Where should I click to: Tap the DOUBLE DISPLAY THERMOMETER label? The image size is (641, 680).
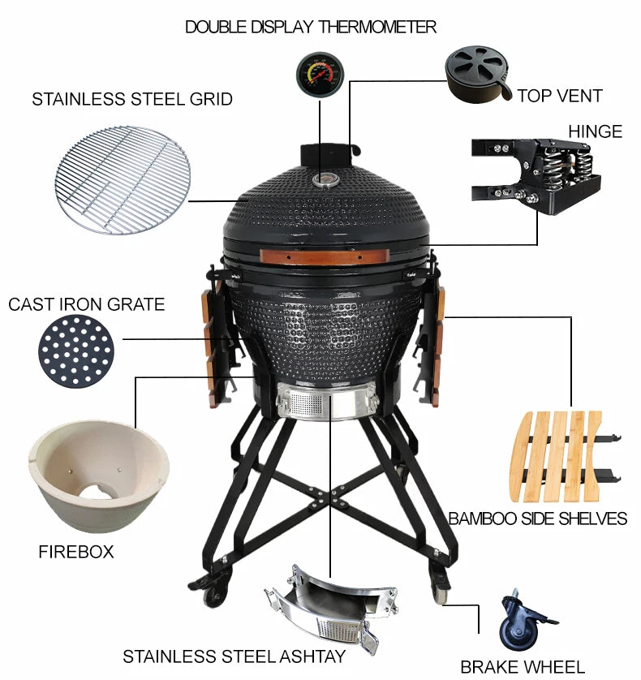click(311, 27)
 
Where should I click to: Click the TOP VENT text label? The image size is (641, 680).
click(560, 96)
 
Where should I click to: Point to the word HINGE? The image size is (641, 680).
click(595, 131)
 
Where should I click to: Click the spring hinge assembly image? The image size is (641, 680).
click(538, 174)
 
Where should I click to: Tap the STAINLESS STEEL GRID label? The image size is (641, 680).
click(132, 100)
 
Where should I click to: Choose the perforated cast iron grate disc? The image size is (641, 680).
click(76, 353)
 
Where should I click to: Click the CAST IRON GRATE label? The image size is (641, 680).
click(86, 305)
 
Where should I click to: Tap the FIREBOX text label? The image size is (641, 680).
click(76, 553)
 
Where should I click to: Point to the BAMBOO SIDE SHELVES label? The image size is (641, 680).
click(538, 519)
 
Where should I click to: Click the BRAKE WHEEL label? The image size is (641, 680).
click(523, 667)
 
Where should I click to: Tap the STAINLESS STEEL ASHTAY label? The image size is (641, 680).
click(234, 656)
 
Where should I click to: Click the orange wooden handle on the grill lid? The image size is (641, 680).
click(342, 256)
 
